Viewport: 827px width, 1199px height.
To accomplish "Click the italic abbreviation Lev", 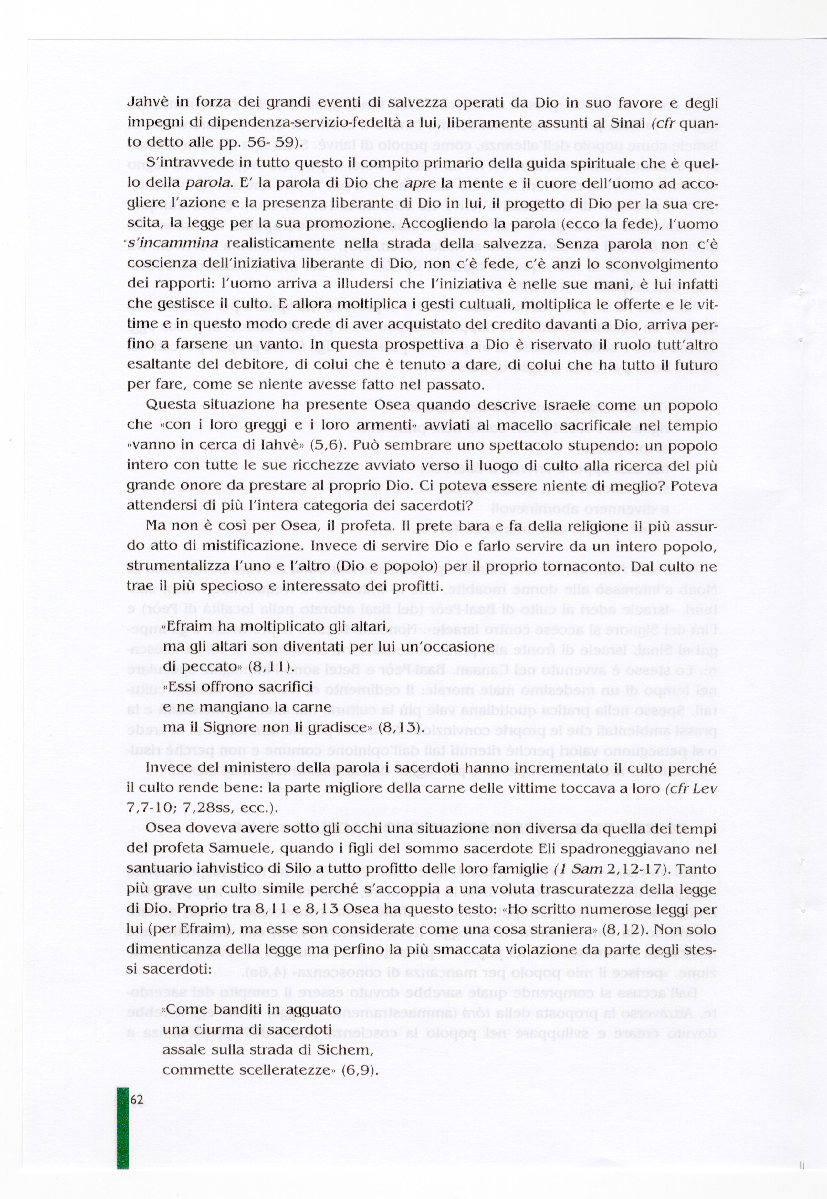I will (x=706, y=789).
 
